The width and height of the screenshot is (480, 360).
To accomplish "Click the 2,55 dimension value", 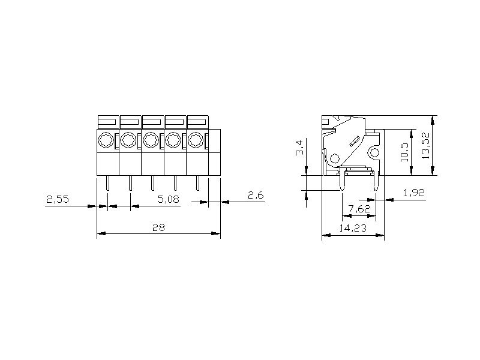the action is tap(58, 199).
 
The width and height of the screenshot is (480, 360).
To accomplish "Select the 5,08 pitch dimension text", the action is tap(169, 199).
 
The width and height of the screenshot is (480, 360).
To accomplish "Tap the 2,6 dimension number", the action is tap(256, 196).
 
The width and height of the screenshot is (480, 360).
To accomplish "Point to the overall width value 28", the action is tap(158, 227).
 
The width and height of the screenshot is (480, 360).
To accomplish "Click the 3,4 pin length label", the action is tap(300, 148).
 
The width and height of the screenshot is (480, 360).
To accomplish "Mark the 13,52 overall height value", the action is tap(426, 145).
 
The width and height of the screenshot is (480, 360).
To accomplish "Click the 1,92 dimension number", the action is tap(414, 193).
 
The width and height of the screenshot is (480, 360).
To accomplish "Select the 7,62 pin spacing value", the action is tap(359, 209).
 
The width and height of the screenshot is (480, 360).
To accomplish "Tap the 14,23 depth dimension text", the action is tap(353, 228).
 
